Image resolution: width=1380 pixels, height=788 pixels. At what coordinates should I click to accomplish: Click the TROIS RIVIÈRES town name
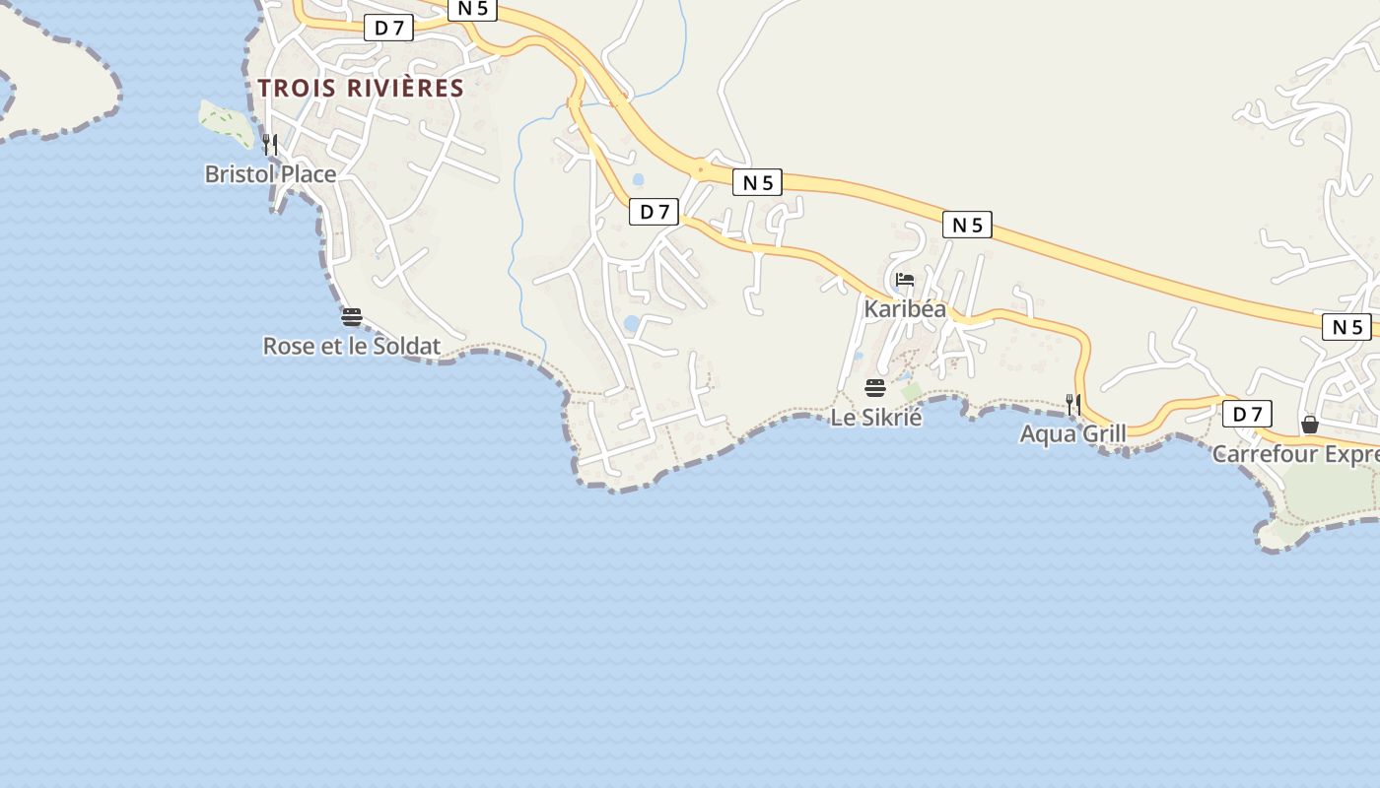pyautogui.click(x=361, y=88)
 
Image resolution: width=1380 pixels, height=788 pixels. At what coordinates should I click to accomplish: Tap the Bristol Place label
pyautogui.click(x=270, y=174)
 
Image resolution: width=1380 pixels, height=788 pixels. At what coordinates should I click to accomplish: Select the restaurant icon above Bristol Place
pyautogui.click(x=269, y=145)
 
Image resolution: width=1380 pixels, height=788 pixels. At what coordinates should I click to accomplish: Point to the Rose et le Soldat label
pyautogui.click(x=351, y=346)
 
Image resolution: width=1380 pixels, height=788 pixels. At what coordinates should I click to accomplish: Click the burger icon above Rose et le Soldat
pyautogui.click(x=352, y=317)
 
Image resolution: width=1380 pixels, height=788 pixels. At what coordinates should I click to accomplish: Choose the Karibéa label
pyautogui.click(x=905, y=308)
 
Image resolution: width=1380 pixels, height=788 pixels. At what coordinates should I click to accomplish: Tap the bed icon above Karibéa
pyautogui.click(x=905, y=281)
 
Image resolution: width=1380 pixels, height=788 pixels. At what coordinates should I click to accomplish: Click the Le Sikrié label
pyautogui.click(x=876, y=417)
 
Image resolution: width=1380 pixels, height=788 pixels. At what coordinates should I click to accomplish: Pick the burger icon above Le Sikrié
pyautogui.click(x=875, y=388)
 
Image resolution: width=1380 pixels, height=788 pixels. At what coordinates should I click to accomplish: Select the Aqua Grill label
pyautogui.click(x=1072, y=433)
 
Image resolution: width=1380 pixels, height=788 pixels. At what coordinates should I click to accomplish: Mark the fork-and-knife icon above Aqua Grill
pyautogui.click(x=1072, y=404)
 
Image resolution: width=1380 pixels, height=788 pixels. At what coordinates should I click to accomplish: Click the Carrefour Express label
pyautogui.click(x=1295, y=454)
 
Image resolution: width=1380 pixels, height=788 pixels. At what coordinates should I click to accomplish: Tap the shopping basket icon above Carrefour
pyautogui.click(x=1310, y=425)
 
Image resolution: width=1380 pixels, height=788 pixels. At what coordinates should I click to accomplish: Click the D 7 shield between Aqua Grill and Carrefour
pyautogui.click(x=1247, y=414)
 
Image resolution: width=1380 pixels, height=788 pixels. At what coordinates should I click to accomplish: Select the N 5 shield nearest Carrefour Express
pyautogui.click(x=1346, y=327)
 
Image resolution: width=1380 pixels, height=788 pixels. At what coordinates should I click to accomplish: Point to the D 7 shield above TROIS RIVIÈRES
pyautogui.click(x=389, y=28)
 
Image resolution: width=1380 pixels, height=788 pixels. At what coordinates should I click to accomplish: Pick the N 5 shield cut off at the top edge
pyautogui.click(x=473, y=9)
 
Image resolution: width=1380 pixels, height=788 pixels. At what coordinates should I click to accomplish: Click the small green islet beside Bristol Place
pyautogui.click(x=226, y=122)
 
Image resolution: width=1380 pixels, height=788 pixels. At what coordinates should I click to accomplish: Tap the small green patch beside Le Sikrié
pyautogui.click(x=912, y=392)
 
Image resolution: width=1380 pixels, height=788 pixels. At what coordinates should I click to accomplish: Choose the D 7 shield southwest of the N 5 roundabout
pyautogui.click(x=655, y=211)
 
